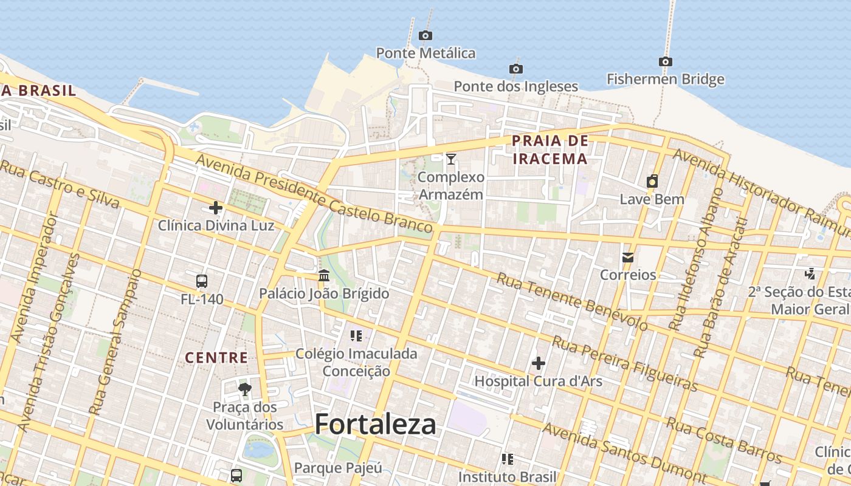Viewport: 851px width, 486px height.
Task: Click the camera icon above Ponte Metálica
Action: (425, 35)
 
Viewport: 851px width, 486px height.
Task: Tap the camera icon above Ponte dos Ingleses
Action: (516, 69)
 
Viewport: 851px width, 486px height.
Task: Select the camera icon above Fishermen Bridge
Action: (666, 61)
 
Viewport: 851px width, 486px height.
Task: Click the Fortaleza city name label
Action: (376, 424)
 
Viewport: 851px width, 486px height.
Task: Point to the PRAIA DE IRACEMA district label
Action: (550, 150)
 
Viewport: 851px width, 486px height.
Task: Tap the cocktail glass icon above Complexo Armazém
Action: (450, 159)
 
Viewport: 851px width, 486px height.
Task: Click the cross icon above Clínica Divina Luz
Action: (216, 208)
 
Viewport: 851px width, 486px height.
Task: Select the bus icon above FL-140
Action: (202, 281)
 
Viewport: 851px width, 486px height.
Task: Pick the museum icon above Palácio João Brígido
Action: (324, 276)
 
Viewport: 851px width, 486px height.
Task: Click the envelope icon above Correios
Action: (628, 257)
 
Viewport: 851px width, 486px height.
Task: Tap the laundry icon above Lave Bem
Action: (652, 181)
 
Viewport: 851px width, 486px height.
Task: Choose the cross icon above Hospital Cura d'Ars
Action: (538, 363)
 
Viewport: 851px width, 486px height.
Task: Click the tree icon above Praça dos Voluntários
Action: (245, 389)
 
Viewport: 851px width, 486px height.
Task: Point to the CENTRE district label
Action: (216, 358)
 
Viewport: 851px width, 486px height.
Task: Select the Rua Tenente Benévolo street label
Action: (572, 301)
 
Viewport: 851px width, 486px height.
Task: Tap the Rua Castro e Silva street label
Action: (60, 183)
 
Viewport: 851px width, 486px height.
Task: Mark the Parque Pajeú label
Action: (338, 468)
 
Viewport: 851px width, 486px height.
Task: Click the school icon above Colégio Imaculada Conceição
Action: (356, 335)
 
